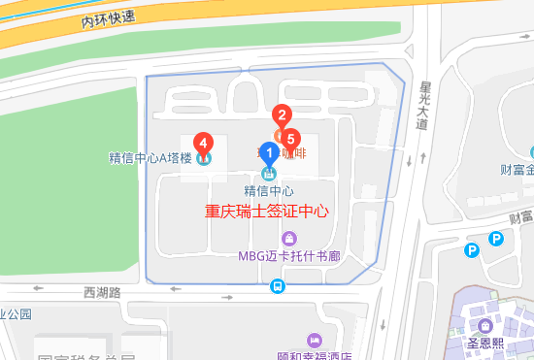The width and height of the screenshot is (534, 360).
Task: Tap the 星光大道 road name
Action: click(x=422, y=104)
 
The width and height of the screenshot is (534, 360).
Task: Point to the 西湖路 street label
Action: click(x=102, y=291)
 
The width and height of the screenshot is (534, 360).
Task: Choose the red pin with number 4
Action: click(x=204, y=143)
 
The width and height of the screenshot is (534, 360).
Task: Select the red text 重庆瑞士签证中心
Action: click(x=267, y=211)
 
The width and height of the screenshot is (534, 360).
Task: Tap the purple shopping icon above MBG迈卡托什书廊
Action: click(x=288, y=239)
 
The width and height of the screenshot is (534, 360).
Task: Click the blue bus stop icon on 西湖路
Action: click(x=278, y=286)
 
